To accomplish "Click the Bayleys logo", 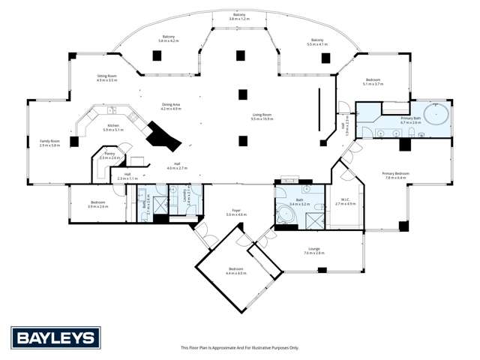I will point(55,337).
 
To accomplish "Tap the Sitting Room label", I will point(107,77).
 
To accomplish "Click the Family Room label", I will point(49,143).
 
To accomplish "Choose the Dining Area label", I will point(171,107).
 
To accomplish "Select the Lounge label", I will point(314,251).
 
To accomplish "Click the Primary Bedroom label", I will point(395,175).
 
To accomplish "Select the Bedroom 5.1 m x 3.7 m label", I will point(373,82).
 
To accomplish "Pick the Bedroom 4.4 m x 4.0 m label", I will point(236,272).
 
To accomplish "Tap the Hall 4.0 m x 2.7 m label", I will point(176,166).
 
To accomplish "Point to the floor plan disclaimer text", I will point(239,348).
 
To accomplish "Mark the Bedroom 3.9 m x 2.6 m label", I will point(98,204).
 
